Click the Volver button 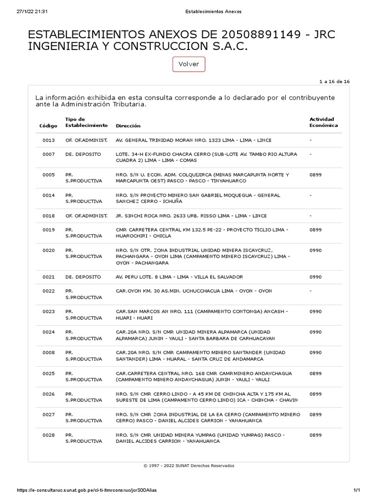pyautogui.click(x=188, y=64)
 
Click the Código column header pyautogui.click(x=48, y=126)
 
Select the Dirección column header pyautogui.click(x=128, y=126)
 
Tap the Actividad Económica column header pyautogui.click(x=323, y=122)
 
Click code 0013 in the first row pyautogui.click(x=49, y=140)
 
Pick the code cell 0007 pyautogui.click(x=49, y=154)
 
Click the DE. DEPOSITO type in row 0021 pyautogui.click(x=83, y=277)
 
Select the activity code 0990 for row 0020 pyautogui.click(x=316, y=251)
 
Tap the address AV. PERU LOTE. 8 pyautogui.click(x=179, y=277)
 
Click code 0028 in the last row pyautogui.click(x=49, y=435)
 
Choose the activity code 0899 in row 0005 pyautogui.click(x=316, y=175)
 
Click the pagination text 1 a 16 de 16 pyautogui.click(x=334, y=81)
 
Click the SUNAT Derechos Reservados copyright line pyautogui.click(x=188, y=466)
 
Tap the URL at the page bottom pyautogui.click(x=87, y=490)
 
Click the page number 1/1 pyautogui.click(x=357, y=490)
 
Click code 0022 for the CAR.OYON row pyautogui.click(x=49, y=291)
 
